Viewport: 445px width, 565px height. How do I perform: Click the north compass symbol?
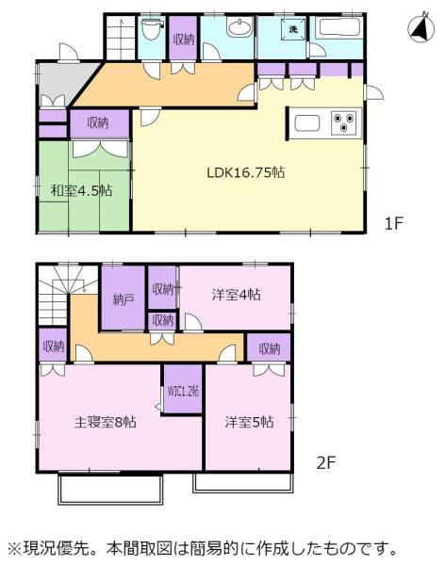(x=421, y=29)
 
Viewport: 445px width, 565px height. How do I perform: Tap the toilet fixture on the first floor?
(x=152, y=30)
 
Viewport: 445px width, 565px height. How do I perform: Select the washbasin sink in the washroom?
(x=239, y=28)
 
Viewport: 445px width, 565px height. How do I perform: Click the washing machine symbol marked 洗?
(x=292, y=29)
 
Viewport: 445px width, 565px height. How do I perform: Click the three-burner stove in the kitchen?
(x=343, y=122)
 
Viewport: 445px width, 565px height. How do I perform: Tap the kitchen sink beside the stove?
(x=307, y=123)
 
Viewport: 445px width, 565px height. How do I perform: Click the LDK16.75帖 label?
(x=246, y=172)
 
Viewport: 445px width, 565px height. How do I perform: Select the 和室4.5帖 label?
(x=81, y=190)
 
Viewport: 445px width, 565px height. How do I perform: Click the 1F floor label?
(x=393, y=223)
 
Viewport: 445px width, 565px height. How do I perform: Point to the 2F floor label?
(x=326, y=462)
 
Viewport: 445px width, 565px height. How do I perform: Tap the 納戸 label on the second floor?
(x=124, y=299)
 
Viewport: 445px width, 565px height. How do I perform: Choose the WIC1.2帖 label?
(x=183, y=391)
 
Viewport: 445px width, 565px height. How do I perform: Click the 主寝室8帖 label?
(x=105, y=422)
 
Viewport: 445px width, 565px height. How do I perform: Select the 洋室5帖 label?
(x=249, y=422)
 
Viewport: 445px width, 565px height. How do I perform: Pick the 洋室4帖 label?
(x=236, y=295)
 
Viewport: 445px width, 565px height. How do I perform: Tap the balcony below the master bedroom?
(x=110, y=490)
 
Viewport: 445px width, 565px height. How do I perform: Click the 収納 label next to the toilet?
(x=184, y=39)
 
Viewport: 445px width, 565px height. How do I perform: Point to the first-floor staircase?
(x=121, y=38)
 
